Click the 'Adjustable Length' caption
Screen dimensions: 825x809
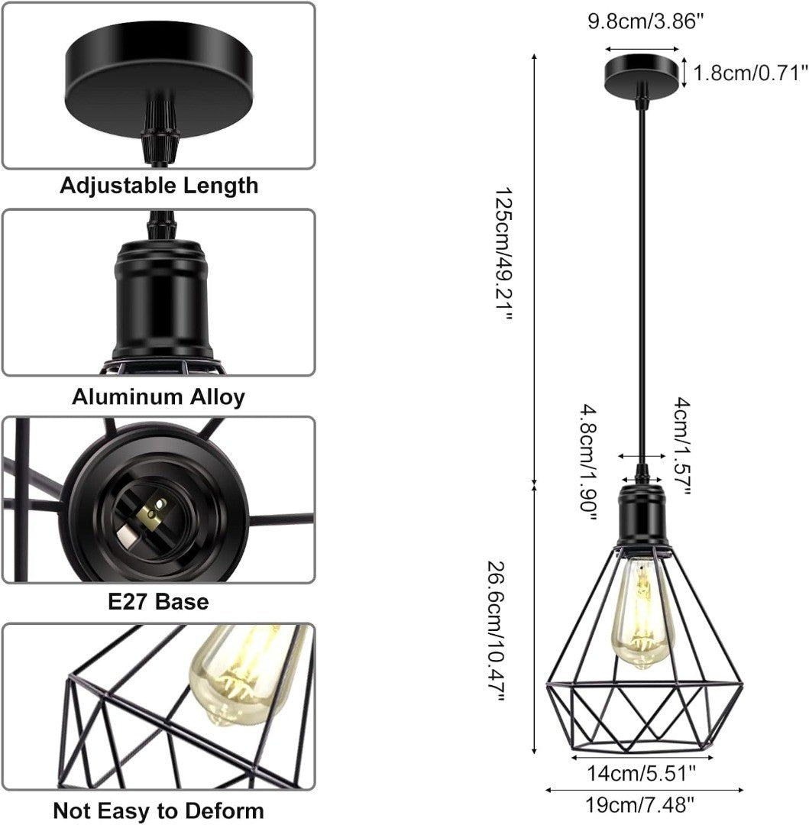(x=159, y=186)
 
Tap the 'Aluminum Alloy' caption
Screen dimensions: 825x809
(x=159, y=396)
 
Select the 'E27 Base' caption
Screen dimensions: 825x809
(x=158, y=602)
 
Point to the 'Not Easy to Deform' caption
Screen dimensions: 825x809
(x=158, y=810)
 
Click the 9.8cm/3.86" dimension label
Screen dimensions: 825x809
(x=645, y=21)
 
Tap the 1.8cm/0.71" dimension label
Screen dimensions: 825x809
(x=750, y=73)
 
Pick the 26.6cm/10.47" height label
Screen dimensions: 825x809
(x=497, y=632)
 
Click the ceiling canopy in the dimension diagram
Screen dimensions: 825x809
(x=642, y=75)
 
